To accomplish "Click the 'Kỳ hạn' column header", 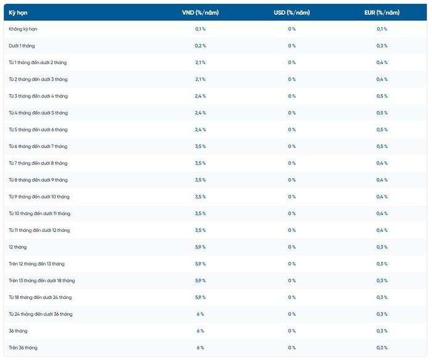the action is pos(18,13).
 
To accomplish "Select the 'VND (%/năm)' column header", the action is pos(201,13).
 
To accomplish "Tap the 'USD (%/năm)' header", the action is pos(292,13).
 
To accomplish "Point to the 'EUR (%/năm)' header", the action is pos(382,13).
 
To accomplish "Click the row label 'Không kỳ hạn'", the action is pos(23,29).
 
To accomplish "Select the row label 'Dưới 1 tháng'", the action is pos(22,46).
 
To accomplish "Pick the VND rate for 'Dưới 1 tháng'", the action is pos(201,46).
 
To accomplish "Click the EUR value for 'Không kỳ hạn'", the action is pos(382,29).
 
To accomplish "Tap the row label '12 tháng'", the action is pos(18,247).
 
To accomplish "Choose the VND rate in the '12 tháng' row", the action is pos(201,247).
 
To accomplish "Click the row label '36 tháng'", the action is pos(18,331).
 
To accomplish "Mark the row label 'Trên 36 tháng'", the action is pos(23,348).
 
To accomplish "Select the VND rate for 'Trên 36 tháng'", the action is pos(201,348).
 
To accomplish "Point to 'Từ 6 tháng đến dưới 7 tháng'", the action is pos(38,147).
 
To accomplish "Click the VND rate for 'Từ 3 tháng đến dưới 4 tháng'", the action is pos(201,96).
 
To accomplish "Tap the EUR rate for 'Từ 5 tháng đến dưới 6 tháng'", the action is pos(382,129).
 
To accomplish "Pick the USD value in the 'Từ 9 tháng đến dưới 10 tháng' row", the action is pos(292,197).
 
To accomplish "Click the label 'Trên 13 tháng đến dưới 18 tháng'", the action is pos(42,280).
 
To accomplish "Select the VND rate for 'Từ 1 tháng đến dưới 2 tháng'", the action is pos(201,62).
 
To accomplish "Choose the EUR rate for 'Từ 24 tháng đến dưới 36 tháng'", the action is pos(382,314).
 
